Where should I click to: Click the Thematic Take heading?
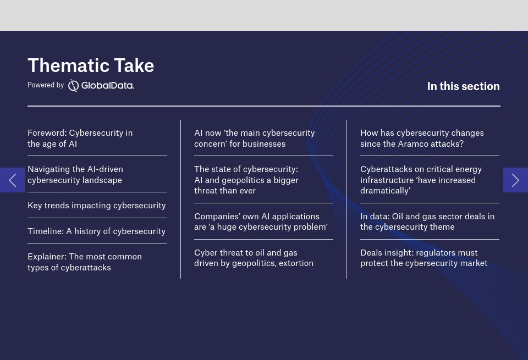[x=91, y=65]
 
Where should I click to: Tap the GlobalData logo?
[x=101, y=85]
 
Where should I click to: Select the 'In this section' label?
[x=463, y=86]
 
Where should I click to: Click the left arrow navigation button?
[x=12, y=180]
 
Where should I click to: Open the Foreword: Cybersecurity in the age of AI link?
[x=80, y=139]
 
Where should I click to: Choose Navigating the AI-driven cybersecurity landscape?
[x=75, y=175]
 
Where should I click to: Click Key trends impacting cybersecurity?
[x=97, y=206]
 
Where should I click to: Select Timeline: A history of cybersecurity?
[x=97, y=231]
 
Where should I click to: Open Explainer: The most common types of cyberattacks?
[x=85, y=262]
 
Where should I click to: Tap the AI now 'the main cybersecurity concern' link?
[x=255, y=139]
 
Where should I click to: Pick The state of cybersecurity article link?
[x=246, y=180]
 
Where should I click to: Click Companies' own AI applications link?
[x=261, y=221]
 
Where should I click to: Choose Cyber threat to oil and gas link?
[x=254, y=258]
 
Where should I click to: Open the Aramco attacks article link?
[x=422, y=139]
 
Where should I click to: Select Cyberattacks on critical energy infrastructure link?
[x=421, y=180]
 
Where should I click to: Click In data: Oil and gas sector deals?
[x=427, y=221]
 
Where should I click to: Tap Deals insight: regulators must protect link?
[x=424, y=258]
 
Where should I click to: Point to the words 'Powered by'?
[x=46, y=85]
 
